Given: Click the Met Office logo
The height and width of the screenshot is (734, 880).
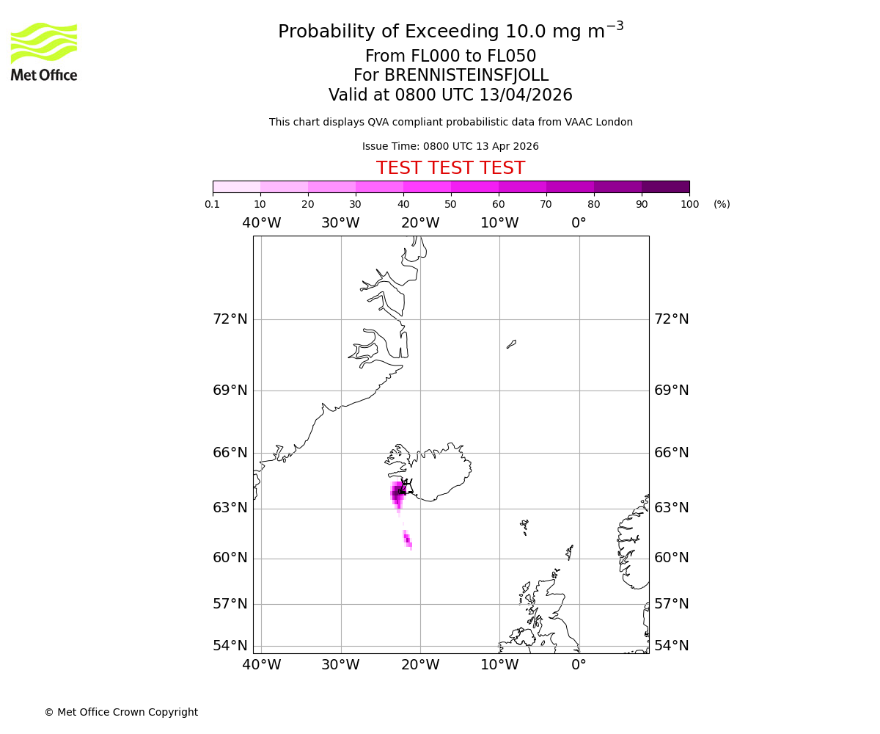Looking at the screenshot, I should (x=44, y=51).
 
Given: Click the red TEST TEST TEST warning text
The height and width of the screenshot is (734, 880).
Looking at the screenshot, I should (x=450, y=168).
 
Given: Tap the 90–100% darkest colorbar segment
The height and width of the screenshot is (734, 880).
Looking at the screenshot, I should (x=665, y=186).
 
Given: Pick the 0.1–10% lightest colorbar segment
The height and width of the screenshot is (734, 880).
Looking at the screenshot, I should (x=237, y=186).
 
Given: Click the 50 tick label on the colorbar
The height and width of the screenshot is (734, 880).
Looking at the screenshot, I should (x=450, y=204).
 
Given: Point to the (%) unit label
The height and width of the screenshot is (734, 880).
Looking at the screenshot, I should (x=722, y=204).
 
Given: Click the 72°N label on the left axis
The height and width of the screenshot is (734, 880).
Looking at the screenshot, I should (x=230, y=319).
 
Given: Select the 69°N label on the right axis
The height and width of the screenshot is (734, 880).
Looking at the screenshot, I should (x=671, y=390).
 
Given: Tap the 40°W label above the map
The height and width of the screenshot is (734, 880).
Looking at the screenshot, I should (x=262, y=223).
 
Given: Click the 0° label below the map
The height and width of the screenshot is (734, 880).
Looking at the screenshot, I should (x=579, y=665).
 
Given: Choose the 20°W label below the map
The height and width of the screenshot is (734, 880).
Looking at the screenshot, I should (x=420, y=665).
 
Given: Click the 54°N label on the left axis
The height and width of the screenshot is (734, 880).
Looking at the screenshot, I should (x=230, y=646).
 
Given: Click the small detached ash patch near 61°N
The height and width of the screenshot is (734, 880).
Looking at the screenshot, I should (x=408, y=540).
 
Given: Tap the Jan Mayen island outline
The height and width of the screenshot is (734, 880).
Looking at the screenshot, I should (x=511, y=344).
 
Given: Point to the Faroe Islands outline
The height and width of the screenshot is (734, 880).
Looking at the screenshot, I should (x=524, y=526).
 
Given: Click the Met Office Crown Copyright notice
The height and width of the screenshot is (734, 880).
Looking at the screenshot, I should (x=121, y=712).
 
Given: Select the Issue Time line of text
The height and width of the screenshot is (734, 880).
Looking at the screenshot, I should (x=450, y=146).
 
